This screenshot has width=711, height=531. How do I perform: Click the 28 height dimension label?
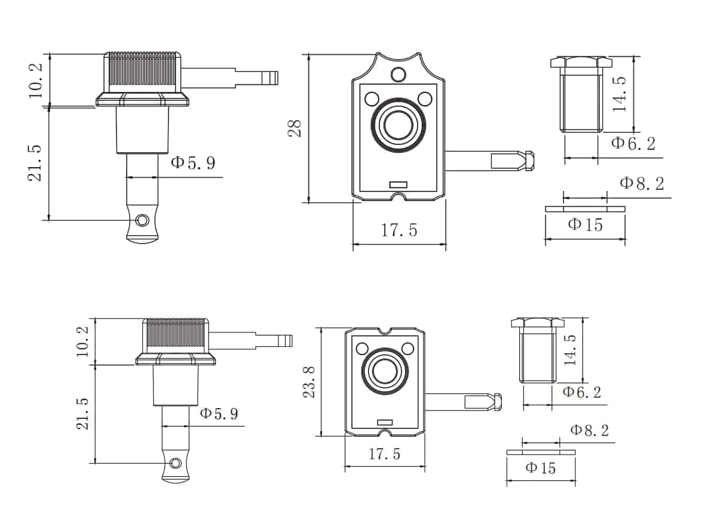295,129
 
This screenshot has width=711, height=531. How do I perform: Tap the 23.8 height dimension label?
309,382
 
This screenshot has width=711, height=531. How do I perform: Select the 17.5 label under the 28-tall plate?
399,230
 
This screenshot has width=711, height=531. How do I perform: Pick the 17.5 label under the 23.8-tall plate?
384,454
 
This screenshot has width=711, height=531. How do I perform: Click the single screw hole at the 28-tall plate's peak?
398,74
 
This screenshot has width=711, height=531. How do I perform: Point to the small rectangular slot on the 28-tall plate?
397,185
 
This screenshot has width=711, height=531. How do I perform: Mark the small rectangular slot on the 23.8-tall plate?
384,421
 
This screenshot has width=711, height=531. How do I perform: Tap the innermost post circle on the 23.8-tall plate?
384,372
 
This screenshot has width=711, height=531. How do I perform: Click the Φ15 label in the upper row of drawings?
586,225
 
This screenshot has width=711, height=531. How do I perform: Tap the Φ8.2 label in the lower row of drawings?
589,431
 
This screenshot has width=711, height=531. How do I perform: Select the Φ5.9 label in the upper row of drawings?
192,163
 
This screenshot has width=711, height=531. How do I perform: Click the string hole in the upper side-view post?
142,221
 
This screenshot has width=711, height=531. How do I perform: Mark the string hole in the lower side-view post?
175,463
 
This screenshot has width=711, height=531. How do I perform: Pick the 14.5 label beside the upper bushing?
620,94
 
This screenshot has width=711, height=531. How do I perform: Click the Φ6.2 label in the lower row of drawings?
582,392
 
